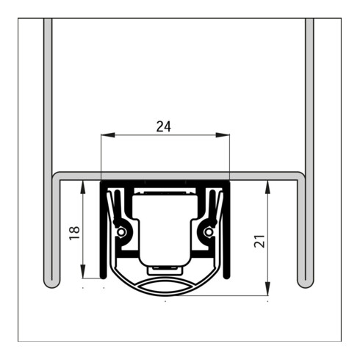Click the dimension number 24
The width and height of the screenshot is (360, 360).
(x=164, y=126)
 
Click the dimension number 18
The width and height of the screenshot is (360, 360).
(x=75, y=233)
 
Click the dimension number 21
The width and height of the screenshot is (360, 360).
(x=259, y=242)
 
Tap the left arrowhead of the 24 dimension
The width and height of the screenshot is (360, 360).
(x=108, y=135)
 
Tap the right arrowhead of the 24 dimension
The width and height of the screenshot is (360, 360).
(x=223, y=135)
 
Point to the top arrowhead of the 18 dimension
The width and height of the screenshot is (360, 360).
(x=83, y=187)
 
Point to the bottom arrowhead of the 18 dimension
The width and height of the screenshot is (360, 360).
(x=83, y=271)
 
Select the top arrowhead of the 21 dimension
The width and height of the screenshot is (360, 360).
(x=268, y=187)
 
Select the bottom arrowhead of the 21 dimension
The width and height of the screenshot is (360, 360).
(x=268, y=289)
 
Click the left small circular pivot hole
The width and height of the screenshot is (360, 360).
(x=120, y=231)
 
